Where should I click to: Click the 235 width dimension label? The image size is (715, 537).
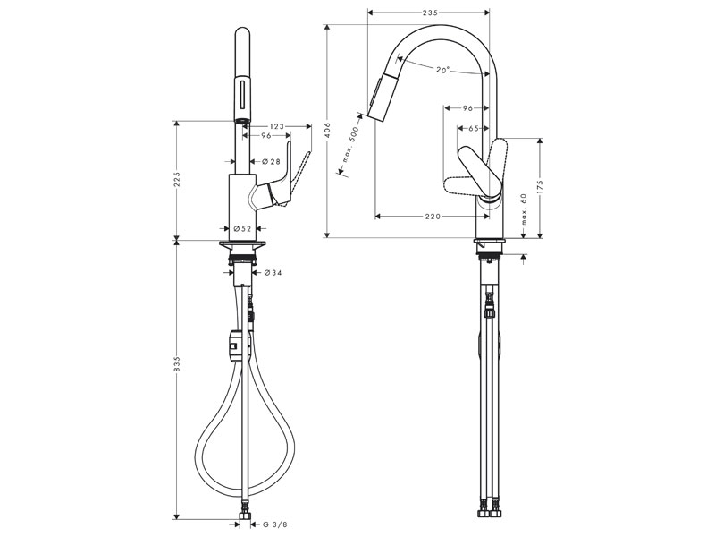(x=430, y=13)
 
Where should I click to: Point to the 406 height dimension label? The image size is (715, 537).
(x=326, y=131)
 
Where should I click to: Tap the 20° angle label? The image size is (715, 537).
(x=442, y=70)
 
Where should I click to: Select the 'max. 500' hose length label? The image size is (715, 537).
(x=350, y=144)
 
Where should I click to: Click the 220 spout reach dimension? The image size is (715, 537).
(x=433, y=216)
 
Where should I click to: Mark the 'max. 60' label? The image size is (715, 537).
(x=524, y=209)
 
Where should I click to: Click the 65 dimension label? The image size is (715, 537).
(x=474, y=129)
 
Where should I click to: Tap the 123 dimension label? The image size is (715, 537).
(x=276, y=126)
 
